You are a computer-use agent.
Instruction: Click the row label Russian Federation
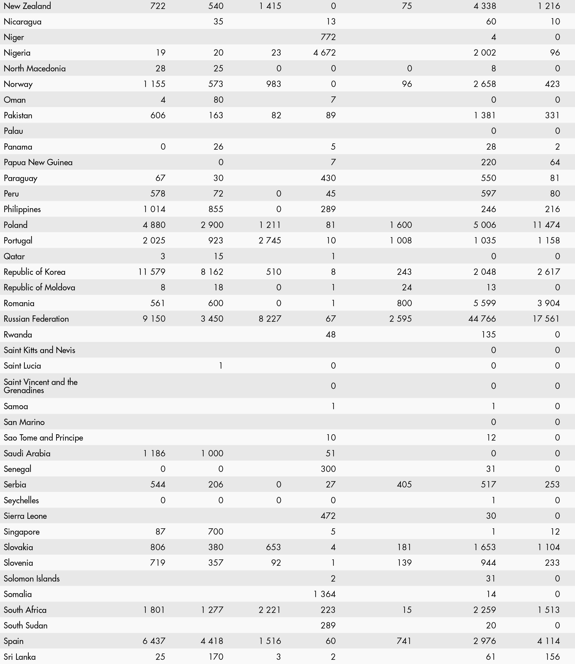(36, 319)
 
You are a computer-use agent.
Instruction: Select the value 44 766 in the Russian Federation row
(482, 319)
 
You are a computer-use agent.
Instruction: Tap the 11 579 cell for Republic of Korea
(152, 272)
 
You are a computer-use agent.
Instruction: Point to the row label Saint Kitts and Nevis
(40, 350)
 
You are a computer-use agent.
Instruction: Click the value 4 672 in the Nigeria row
(324, 53)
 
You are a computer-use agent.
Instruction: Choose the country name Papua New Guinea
(38, 162)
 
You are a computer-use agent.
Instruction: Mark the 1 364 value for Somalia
(324, 594)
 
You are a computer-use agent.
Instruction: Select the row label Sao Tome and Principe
(43, 438)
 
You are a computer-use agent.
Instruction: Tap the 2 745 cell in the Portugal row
(270, 241)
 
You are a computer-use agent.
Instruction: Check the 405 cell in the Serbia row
(404, 484)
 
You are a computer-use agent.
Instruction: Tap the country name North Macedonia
(35, 68)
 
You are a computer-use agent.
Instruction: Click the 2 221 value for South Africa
(270, 610)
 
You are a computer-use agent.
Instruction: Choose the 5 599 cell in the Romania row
(485, 303)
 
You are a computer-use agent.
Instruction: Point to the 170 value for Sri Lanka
(216, 657)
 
